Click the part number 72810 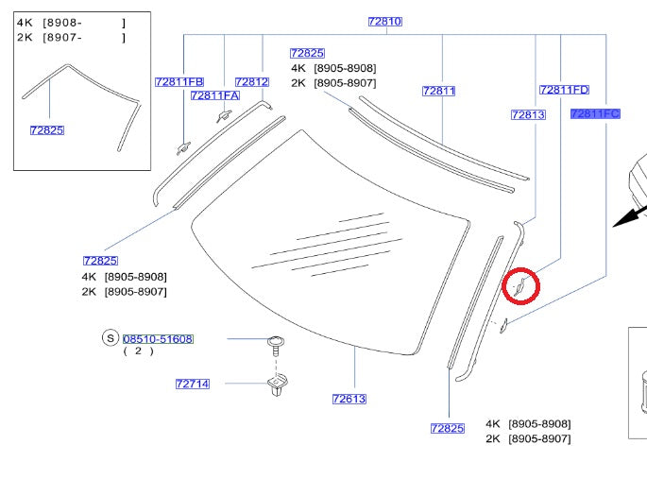385,21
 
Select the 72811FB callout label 179,82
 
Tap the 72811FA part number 215,95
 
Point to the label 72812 252,82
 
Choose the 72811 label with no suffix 439,91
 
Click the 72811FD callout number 564,90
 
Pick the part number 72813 528,114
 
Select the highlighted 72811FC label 595,113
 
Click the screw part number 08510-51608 158,338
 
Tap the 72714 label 193,384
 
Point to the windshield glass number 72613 349,399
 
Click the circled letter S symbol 111,338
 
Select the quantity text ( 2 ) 138,351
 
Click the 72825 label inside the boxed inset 47,129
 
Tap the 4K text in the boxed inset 24,22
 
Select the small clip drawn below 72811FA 224,115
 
